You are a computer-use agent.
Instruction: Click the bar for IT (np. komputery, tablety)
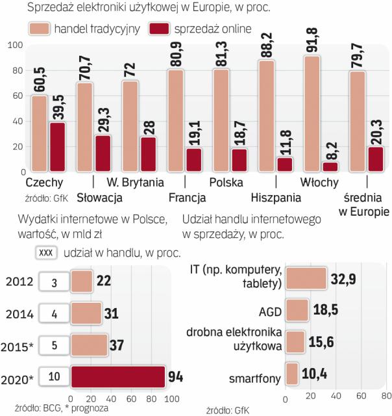305,279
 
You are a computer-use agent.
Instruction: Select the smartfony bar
291,376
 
